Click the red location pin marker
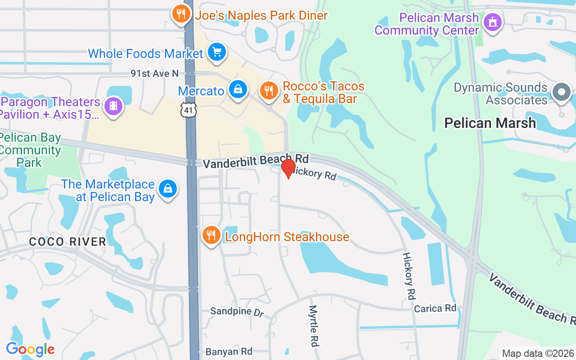[288, 168]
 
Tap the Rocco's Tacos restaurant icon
[269, 90]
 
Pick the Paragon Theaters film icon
[113, 106]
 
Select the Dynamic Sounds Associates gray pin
[561, 92]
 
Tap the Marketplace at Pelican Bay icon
[167, 189]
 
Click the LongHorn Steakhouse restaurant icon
[210, 235]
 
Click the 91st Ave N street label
[154, 73]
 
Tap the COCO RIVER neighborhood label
[67, 242]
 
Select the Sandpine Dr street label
[237, 311]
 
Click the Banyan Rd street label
[229, 351]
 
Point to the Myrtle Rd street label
[313, 326]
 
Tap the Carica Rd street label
[435, 308]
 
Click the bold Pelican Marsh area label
[490, 123]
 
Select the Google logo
[30, 349]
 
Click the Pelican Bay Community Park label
[31, 150]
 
